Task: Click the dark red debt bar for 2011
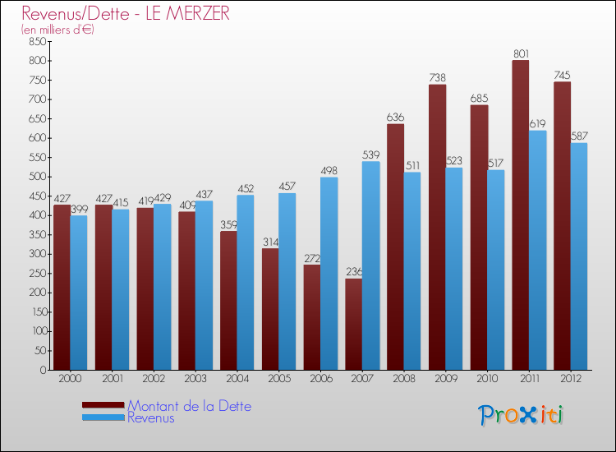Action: (x=520, y=215)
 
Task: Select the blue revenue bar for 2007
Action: (x=370, y=265)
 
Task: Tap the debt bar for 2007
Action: (x=353, y=324)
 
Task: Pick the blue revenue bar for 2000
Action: (x=79, y=293)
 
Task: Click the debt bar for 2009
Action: (x=437, y=227)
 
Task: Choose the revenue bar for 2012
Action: (x=579, y=256)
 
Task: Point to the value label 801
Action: (x=521, y=54)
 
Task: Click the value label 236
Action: (x=354, y=272)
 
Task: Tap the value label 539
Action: (x=371, y=155)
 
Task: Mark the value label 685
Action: (x=479, y=99)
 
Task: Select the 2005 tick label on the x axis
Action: (x=278, y=379)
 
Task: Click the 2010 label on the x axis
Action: (x=487, y=379)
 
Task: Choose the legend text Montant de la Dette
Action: (x=189, y=406)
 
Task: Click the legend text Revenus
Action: (x=151, y=418)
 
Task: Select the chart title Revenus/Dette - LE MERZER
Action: (x=126, y=13)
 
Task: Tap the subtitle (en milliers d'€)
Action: (x=58, y=30)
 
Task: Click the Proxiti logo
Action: (x=522, y=415)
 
